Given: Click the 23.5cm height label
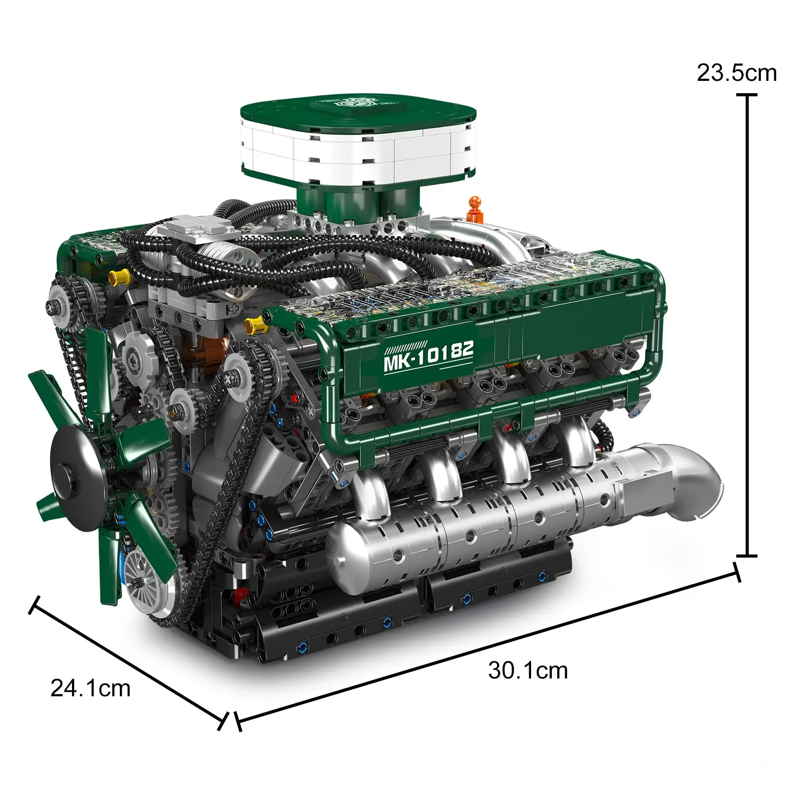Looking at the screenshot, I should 736,73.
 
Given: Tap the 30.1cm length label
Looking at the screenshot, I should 528,671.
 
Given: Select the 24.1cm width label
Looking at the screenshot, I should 90,688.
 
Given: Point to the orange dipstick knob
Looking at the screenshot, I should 474,203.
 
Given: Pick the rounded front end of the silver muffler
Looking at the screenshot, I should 345,547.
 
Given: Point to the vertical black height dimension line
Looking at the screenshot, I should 749,325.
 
